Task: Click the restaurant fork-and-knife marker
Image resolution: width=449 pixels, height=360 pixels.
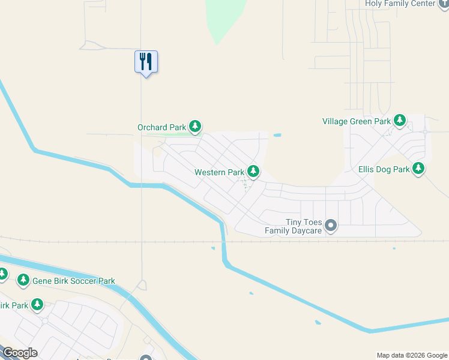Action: pos(146,62)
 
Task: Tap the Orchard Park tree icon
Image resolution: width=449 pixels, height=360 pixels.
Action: pos(194,127)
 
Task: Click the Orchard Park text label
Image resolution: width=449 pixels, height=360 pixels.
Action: pos(162,127)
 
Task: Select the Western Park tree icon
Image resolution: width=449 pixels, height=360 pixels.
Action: pos(254,172)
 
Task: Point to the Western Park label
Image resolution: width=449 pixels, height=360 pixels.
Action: pos(219,172)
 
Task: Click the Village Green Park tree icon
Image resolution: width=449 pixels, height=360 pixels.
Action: pos(400,121)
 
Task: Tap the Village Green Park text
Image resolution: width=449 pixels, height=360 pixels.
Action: pos(357,121)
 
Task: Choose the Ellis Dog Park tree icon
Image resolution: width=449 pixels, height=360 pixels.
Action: pos(418,169)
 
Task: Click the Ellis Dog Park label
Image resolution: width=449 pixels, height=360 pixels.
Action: pos(384,170)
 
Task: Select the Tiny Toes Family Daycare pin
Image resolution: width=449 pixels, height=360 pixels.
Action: pos(331,226)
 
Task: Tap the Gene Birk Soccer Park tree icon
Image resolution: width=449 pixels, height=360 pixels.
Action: pos(23,280)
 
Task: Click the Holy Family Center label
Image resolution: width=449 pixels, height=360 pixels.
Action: pos(400,4)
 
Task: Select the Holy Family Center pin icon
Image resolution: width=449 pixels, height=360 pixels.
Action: pos(444,3)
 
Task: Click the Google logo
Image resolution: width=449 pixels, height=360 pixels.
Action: pos(20,353)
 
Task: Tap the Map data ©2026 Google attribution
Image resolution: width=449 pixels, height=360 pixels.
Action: pos(412,355)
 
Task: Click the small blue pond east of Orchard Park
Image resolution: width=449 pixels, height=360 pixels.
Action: pos(277,135)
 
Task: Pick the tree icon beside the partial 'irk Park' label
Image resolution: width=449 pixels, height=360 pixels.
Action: pos(37,305)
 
